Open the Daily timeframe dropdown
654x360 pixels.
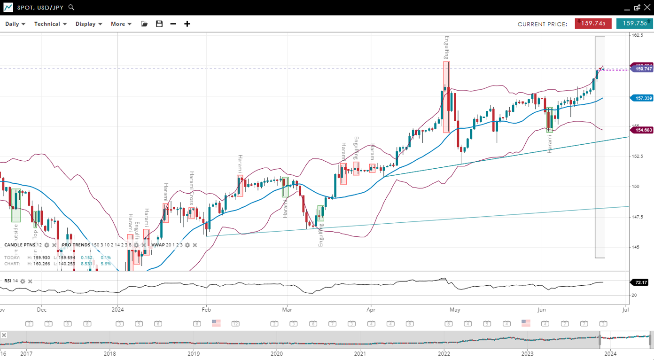tap(15, 24)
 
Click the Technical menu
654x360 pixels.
tap(50, 24)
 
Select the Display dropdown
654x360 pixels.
tap(89, 24)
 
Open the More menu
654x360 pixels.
tap(121, 24)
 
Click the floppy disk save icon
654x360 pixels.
tap(159, 24)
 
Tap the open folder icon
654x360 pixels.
tap(144, 24)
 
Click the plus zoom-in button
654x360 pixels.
tap(187, 24)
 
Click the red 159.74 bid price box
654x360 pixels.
tap(593, 23)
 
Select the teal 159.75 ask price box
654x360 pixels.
tap(634, 23)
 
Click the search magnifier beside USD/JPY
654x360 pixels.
tap(71, 8)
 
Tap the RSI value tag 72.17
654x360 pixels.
tap(641, 282)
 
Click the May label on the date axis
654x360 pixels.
tap(454, 310)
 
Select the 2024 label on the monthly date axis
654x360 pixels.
tap(117, 310)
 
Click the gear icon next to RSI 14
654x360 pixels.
tap(23, 281)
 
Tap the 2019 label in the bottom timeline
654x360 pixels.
tap(194, 353)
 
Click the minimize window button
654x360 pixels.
tap(627, 8)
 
